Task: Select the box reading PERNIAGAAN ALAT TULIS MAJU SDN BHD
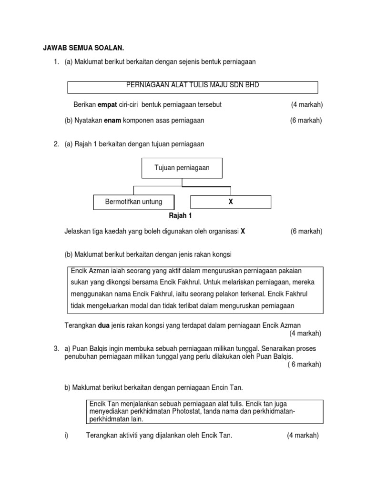pyautogui.click(x=193, y=87)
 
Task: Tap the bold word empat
pyautogui.click(x=107, y=104)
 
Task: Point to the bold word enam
pyautogui.click(x=112, y=121)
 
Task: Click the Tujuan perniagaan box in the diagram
pyautogui.click(x=182, y=168)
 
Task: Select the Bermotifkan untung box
pyautogui.click(x=133, y=202)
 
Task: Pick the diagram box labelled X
pyautogui.click(x=231, y=202)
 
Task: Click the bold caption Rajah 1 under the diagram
pyautogui.click(x=181, y=216)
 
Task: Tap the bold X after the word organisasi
pyautogui.click(x=243, y=232)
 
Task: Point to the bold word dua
pyautogui.click(x=104, y=325)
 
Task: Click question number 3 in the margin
pyautogui.click(x=56, y=349)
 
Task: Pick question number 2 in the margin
pyautogui.click(x=56, y=144)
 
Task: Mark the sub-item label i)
pyautogui.click(x=67, y=436)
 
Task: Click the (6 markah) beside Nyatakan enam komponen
pyautogui.click(x=306, y=121)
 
